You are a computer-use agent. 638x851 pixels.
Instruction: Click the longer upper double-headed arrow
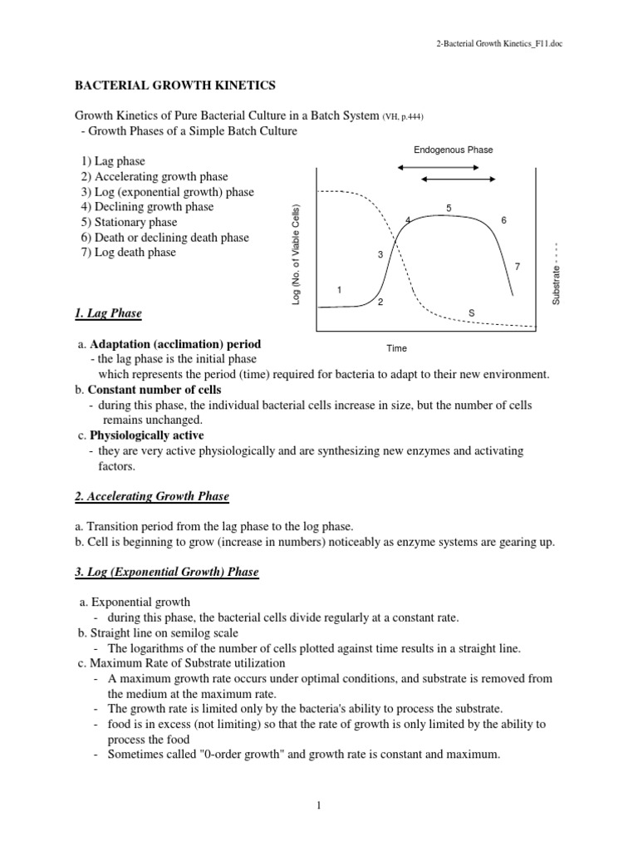[x=439, y=167]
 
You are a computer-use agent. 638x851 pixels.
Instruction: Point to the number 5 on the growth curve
[x=449, y=207]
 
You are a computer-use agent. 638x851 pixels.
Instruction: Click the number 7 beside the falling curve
[x=517, y=266]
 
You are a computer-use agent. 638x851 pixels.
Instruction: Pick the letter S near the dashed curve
[x=471, y=312]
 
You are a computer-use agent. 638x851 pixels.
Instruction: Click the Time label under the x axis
[x=395, y=348]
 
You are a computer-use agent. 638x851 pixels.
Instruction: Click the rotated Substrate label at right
[x=557, y=273]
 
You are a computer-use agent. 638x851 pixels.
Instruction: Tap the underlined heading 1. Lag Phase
[x=109, y=313]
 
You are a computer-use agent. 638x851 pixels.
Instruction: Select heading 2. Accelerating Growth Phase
[x=152, y=496]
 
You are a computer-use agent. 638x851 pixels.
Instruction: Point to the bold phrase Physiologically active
[x=146, y=435]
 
